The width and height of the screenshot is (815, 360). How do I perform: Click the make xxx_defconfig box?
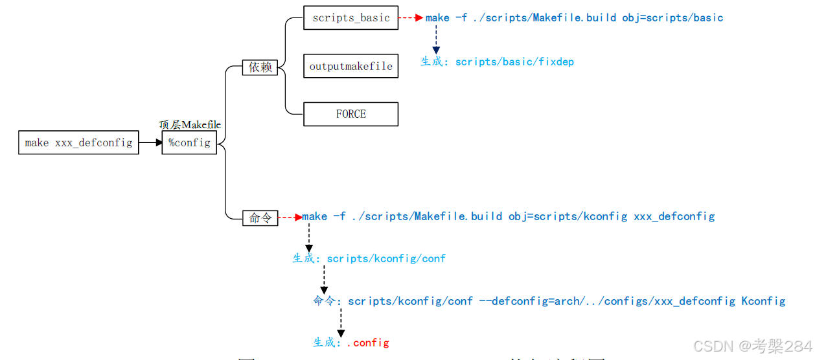[78, 142]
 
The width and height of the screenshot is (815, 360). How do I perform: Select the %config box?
[189, 142]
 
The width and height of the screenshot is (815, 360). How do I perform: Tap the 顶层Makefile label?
[190, 124]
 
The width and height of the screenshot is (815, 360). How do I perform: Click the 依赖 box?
[260, 67]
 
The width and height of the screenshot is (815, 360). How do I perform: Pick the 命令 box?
[260, 218]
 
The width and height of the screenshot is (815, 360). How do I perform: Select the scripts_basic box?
[350, 18]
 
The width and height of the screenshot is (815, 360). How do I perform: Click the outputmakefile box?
[350, 66]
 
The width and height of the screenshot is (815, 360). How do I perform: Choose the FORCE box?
[350, 114]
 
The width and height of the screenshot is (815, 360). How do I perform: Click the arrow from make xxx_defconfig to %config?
[150, 142]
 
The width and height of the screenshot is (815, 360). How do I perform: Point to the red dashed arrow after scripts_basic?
[411, 18]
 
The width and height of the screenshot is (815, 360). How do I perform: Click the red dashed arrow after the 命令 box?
[290, 218]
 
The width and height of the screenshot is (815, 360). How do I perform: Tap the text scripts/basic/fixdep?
[514, 62]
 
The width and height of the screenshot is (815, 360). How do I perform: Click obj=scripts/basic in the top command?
[672, 18]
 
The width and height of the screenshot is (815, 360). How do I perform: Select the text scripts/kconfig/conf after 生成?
[386, 258]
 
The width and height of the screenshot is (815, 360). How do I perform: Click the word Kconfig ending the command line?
[763, 301]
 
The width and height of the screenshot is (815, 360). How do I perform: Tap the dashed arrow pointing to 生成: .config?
[340, 322]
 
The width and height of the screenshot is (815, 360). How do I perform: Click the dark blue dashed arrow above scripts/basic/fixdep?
[435, 40]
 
